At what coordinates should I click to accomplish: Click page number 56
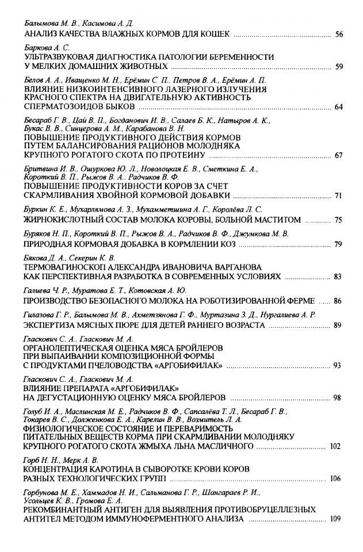click(339, 34)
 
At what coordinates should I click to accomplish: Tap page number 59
click(339, 67)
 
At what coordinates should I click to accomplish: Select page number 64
click(339, 108)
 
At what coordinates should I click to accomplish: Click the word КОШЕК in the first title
click(214, 34)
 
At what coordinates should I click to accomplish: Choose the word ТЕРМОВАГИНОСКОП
click(69, 267)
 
